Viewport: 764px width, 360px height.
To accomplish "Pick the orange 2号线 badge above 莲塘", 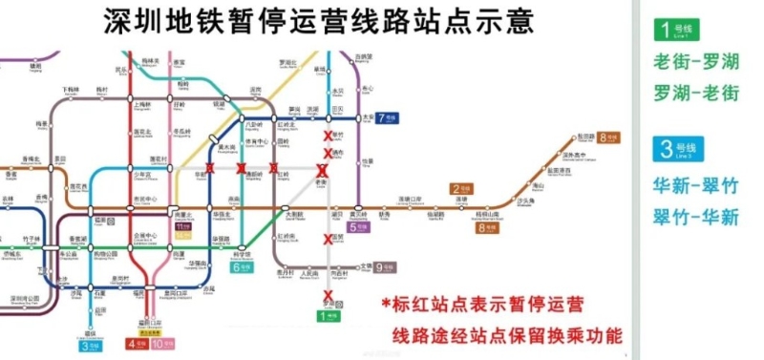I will click(462, 189).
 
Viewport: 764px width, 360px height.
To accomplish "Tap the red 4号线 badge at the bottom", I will click(137, 342).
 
